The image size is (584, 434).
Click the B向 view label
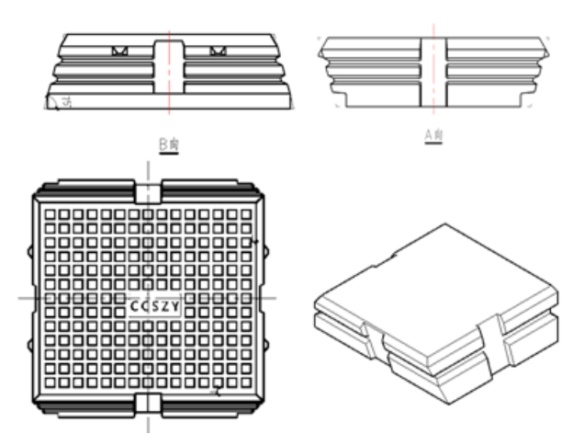coord(166,143)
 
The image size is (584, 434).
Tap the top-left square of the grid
coord(51,214)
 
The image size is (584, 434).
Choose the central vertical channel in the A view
coord(433,69)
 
